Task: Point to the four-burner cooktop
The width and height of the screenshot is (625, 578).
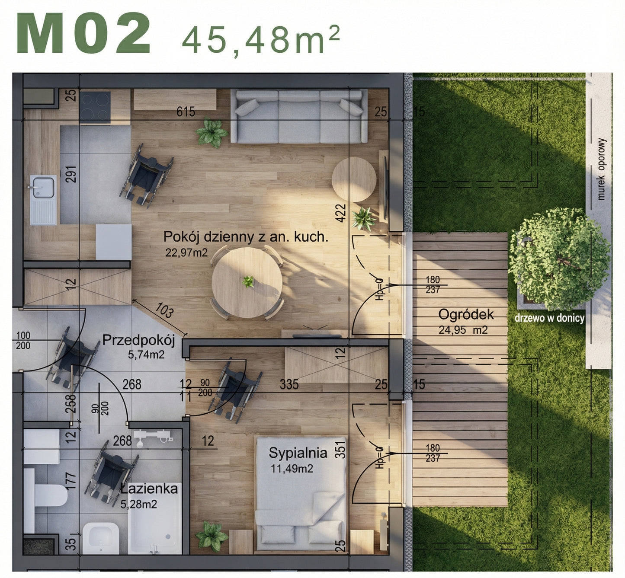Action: [x=95, y=106]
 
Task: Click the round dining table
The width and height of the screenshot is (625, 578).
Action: [x=247, y=282]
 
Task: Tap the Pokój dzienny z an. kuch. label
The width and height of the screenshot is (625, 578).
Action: [x=246, y=237]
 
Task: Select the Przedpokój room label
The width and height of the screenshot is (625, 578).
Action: [x=138, y=340]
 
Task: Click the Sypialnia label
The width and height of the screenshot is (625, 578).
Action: [x=298, y=453]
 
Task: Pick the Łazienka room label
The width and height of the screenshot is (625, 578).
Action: [x=149, y=489]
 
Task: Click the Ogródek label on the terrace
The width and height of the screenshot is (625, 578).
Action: [x=466, y=315]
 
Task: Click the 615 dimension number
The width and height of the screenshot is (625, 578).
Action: [x=186, y=112]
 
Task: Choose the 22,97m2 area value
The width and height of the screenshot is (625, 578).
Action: [x=186, y=252]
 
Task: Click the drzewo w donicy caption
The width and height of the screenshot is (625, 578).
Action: [x=549, y=318]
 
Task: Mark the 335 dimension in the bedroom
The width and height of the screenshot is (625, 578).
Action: [x=289, y=384]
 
